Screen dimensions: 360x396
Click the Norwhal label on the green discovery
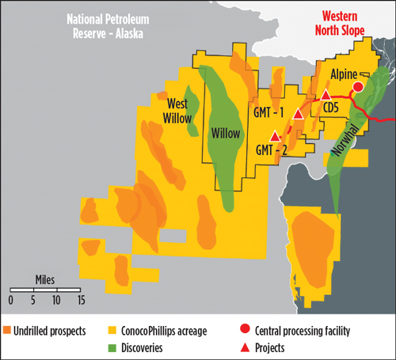coord(344,143)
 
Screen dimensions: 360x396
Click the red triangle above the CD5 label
coord(325,95)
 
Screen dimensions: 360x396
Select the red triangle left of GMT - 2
coord(275,135)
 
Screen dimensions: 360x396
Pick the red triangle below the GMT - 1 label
coord(298,115)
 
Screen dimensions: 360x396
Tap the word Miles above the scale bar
coord(45,280)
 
